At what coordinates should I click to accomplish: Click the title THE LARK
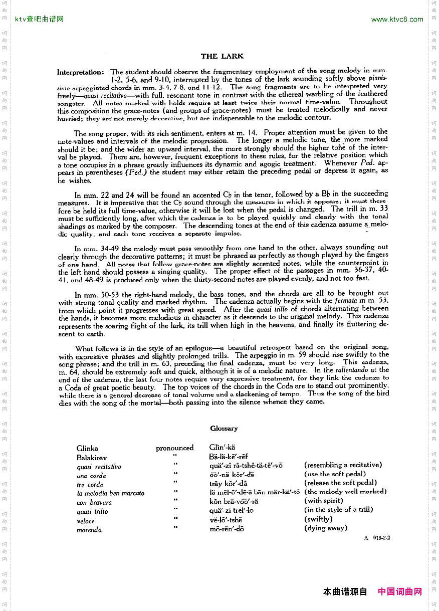point(222,56)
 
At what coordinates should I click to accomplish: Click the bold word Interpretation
point(81,72)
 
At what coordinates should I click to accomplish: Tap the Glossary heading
point(224,429)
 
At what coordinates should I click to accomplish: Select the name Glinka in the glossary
point(87,448)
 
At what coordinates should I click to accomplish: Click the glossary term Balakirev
point(91,457)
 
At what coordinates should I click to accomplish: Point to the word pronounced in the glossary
point(174,448)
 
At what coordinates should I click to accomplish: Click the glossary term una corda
point(91,476)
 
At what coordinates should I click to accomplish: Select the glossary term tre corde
point(90,485)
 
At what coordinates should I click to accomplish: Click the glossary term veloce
point(86,521)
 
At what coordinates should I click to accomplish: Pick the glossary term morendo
point(90,530)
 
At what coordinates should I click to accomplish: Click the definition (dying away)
point(326,528)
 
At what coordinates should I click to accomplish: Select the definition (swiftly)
point(318,519)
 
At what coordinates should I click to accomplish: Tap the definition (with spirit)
point(324,500)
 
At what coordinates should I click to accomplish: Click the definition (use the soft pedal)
point(335,474)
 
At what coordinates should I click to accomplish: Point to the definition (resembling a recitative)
point(343,465)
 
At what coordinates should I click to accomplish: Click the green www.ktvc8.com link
point(397,20)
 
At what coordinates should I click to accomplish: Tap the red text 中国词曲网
point(400,592)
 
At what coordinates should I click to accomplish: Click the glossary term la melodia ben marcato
point(111,493)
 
